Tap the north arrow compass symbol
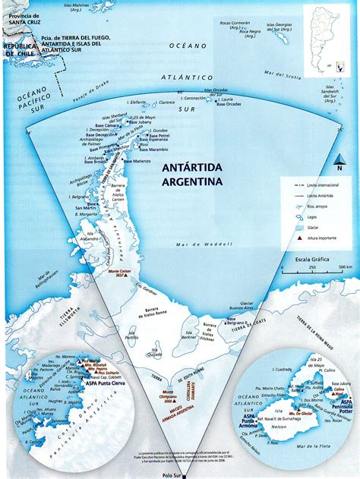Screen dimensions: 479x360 340,161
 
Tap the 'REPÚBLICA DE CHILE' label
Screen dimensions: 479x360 20,50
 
